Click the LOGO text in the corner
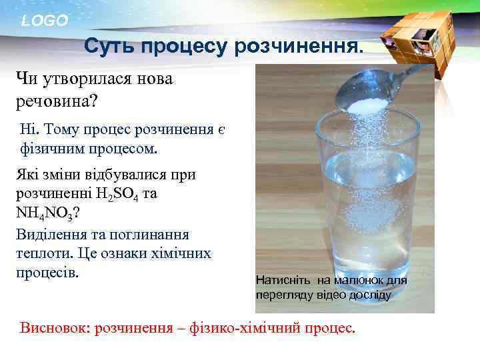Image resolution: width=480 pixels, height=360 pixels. point(44,21)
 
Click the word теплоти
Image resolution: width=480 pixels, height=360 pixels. point(39,253)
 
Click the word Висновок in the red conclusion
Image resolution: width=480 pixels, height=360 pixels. point(55,329)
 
